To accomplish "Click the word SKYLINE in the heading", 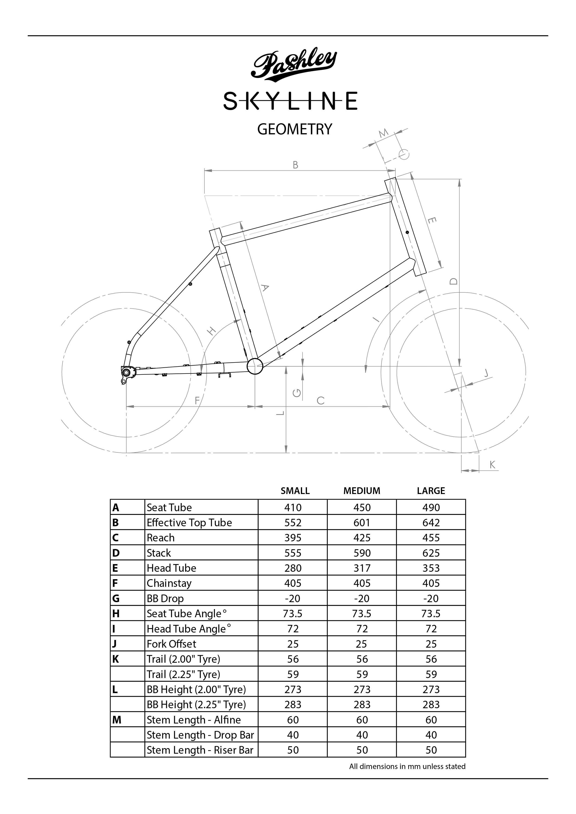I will pyautogui.click(x=290, y=101).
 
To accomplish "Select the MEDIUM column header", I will pyautogui.click(x=361, y=491).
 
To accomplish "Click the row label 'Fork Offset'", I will pyautogui.click(x=171, y=644).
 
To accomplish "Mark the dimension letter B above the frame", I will pyautogui.click(x=296, y=165).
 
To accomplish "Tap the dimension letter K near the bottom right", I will pyautogui.click(x=492, y=465).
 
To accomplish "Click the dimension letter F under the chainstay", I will pyautogui.click(x=197, y=400).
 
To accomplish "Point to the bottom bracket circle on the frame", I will pyautogui.click(x=255, y=366).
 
